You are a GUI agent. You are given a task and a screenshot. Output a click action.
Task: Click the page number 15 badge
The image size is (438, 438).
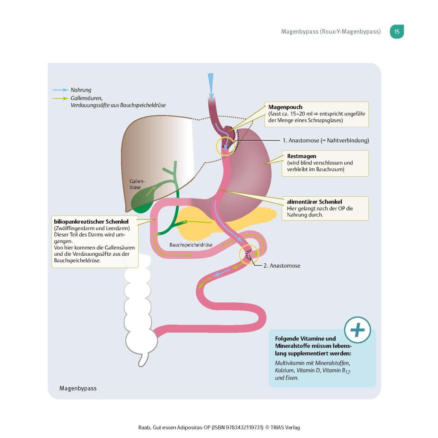tap(397, 32)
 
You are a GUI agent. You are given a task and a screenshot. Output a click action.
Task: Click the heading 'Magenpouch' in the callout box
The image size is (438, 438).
tap(285, 107)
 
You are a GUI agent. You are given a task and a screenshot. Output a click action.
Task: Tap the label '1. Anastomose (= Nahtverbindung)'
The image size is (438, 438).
tap(326, 140)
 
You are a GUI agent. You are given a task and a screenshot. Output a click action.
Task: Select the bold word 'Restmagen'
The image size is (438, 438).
tap(302, 157)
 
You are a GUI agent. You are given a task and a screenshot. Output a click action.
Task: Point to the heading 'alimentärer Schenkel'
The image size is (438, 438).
tap(314, 202)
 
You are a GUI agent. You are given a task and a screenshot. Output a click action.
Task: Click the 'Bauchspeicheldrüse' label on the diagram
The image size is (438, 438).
tap(191, 245)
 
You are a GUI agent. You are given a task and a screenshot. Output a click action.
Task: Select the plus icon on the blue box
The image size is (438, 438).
tap(358, 330)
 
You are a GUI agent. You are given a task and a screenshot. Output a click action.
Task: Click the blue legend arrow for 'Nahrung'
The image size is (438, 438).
tap(60, 90)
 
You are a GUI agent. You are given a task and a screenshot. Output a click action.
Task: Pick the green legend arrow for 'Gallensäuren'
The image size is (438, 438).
tap(60, 98)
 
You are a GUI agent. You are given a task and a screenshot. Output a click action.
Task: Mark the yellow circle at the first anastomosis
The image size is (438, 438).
tap(225, 147)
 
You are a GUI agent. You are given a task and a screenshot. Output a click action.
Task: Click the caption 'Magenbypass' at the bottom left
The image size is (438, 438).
tap(78, 388)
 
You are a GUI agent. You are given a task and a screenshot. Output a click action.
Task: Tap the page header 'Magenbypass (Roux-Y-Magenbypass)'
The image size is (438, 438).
tap(331, 32)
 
